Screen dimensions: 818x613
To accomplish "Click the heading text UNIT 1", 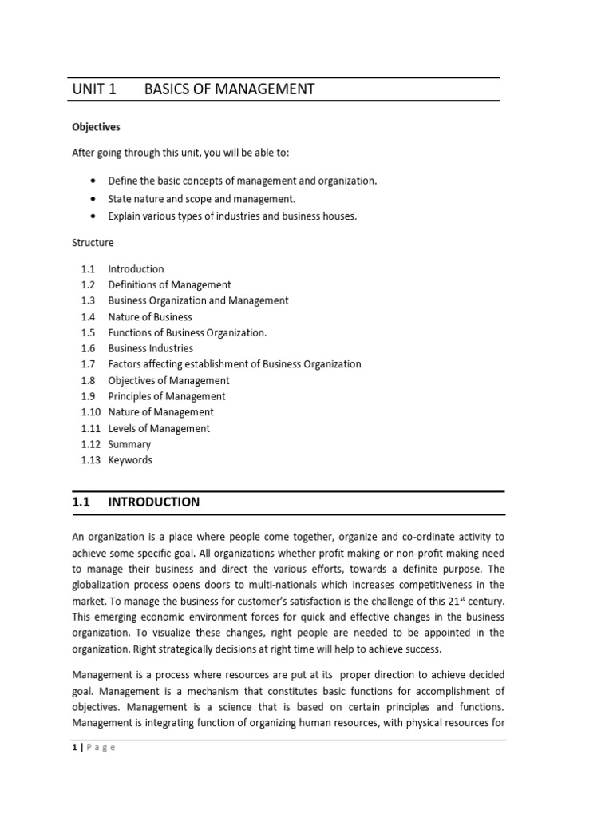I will pyautogui.click(x=94, y=89).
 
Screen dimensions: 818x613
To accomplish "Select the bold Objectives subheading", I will pyautogui.click(x=96, y=126).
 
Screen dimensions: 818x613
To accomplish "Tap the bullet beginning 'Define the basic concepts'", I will pyautogui.click(x=242, y=181).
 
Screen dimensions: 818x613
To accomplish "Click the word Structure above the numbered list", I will pyautogui.click(x=93, y=242).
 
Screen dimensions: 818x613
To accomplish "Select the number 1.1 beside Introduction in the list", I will pyautogui.click(x=88, y=269).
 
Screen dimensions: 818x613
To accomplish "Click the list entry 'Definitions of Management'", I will pyautogui.click(x=169, y=285).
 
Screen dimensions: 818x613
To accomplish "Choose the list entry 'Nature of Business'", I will pyautogui.click(x=150, y=317).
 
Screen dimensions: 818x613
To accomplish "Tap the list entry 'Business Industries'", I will pyautogui.click(x=150, y=348).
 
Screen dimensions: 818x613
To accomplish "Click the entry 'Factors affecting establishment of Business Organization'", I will pyautogui.click(x=234, y=364).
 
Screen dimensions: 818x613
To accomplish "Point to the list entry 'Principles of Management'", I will pyautogui.click(x=166, y=396).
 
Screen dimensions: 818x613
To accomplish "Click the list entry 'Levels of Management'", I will pyautogui.click(x=159, y=428).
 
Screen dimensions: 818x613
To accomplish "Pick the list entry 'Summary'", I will pyautogui.click(x=129, y=444).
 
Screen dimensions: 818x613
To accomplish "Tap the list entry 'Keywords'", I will pyautogui.click(x=130, y=460).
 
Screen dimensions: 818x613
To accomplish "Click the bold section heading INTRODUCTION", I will pyautogui.click(x=153, y=502).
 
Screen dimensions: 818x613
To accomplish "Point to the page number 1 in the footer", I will pyautogui.click(x=74, y=748).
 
